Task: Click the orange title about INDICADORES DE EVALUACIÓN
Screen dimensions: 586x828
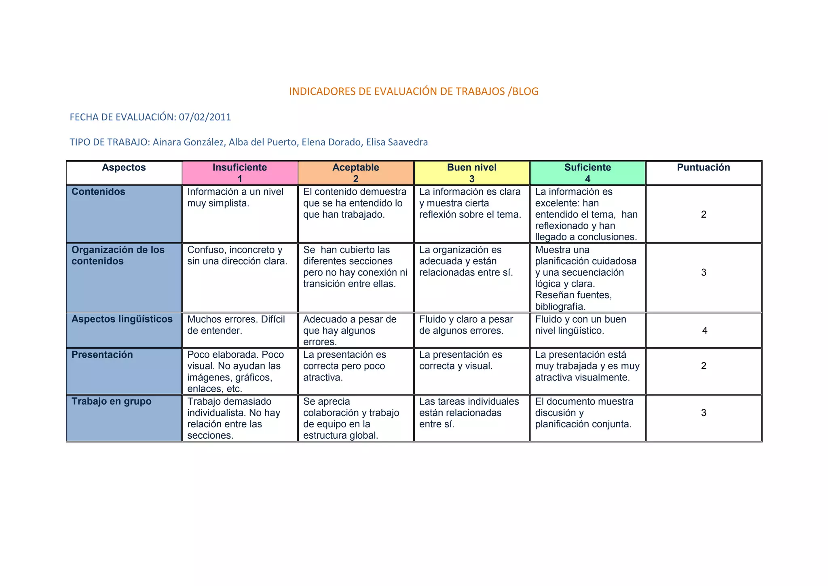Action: (x=414, y=91)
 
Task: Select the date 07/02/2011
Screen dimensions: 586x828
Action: (x=205, y=117)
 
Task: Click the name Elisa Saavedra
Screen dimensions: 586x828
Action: (x=397, y=142)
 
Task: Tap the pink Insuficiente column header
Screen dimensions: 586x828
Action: (x=240, y=173)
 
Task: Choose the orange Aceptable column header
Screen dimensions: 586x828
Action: (x=355, y=173)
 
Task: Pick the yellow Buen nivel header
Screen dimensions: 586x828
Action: (x=471, y=173)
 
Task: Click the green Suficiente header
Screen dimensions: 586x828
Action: (x=587, y=173)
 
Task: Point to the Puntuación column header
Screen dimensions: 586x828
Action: (x=703, y=168)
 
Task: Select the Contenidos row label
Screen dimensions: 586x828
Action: (x=98, y=192)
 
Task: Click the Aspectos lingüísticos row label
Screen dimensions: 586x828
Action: (x=122, y=319)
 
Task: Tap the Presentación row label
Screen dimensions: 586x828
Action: (x=102, y=355)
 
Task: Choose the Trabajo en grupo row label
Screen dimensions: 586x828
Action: (x=111, y=401)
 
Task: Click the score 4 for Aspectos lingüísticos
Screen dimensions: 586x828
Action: (x=705, y=331)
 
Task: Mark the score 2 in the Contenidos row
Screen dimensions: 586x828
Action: (x=703, y=214)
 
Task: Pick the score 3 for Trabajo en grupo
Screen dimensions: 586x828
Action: (x=703, y=413)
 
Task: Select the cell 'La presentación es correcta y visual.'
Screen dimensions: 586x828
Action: (x=460, y=361)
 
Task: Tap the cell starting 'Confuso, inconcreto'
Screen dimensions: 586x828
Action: (x=237, y=256)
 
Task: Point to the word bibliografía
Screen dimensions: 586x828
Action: (x=560, y=306)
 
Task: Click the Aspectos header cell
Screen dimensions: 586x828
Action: (x=124, y=168)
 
